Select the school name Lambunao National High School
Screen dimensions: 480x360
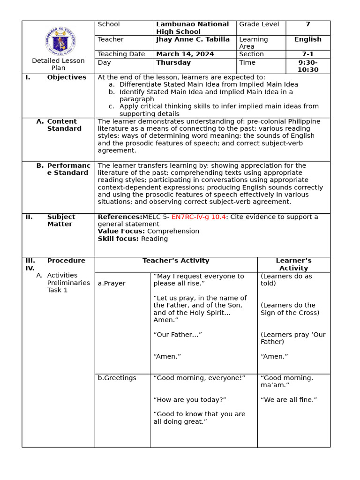coord(192,28)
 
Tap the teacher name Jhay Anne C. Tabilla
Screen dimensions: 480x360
coord(193,39)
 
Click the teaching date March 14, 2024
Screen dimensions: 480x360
coord(185,54)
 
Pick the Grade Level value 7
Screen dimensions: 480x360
coord(307,24)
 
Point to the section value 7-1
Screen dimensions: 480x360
coord(307,54)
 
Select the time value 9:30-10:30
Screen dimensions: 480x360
coord(307,66)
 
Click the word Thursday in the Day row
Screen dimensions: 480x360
coord(173,63)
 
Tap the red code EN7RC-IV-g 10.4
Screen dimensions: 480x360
coord(199,217)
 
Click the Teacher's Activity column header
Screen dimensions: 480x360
coord(176,261)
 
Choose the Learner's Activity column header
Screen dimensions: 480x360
coord(293,264)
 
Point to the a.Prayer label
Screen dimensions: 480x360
coord(112,284)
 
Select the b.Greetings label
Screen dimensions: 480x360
coord(117,378)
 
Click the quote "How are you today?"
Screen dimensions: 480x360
coord(190,400)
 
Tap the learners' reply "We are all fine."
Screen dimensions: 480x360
coord(289,400)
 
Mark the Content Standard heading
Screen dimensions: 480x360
coord(64,125)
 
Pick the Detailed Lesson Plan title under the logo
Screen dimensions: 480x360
coord(58,64)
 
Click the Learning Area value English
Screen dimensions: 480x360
coord(307,39)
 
